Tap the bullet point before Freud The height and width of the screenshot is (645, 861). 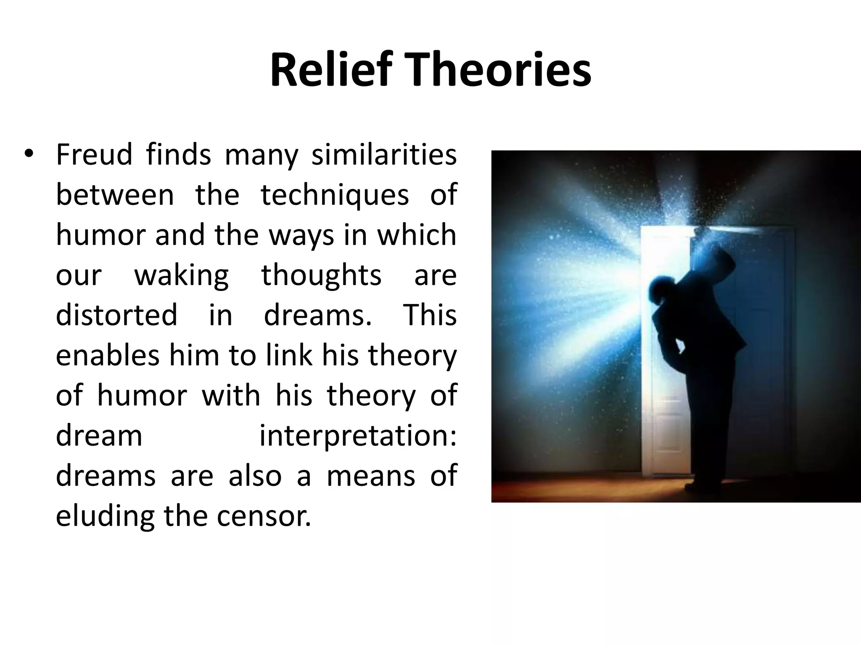point(28,154)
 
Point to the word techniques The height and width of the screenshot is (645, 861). point(335,195)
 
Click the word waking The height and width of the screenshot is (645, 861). point(181,276)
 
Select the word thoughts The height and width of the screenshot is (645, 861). point(321,275)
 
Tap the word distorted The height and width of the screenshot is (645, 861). point(116,315)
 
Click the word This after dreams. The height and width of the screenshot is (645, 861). point(430,315)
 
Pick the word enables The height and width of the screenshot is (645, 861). point(108,355)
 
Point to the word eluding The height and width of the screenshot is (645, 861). point(106,517)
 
